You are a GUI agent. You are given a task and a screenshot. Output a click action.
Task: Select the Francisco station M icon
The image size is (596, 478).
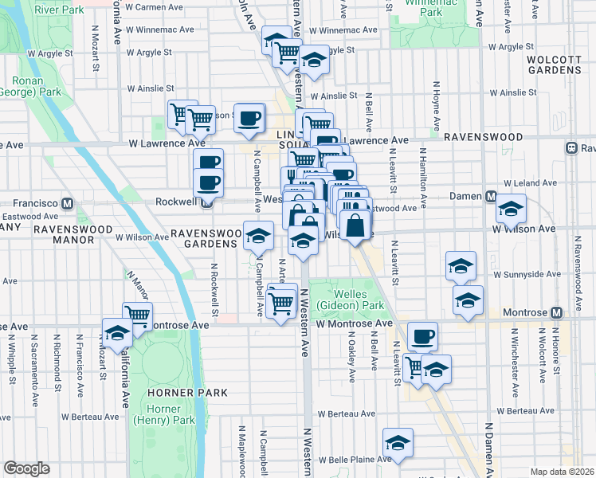point(68,203)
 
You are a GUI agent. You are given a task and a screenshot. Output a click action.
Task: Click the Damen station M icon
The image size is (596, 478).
point(492,197)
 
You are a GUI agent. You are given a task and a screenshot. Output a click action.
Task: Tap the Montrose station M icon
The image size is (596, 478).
point(556,312)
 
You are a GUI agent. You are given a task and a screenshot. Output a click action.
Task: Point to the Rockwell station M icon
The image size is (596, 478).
point(206,202)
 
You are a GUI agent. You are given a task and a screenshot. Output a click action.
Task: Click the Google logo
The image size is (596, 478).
point(26,468)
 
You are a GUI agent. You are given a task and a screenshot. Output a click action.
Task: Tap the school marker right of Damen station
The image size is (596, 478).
point(510,209)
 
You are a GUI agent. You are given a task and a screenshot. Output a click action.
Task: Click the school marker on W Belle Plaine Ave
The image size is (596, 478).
point(398,443)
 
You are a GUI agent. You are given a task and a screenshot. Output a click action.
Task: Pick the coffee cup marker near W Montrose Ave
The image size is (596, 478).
point(422,336)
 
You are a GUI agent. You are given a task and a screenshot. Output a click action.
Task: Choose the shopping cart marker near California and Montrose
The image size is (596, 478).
point(137,315)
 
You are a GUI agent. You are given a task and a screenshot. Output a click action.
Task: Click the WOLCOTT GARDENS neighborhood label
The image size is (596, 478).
point(555,64)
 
